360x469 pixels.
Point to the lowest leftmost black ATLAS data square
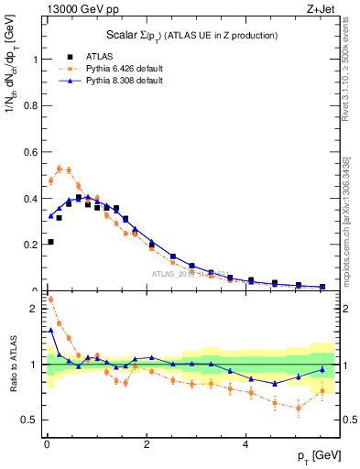[x=49, y=242]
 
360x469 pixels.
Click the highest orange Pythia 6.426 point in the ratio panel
[x=49, y=300]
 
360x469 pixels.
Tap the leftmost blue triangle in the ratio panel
[x=49, y=330]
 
